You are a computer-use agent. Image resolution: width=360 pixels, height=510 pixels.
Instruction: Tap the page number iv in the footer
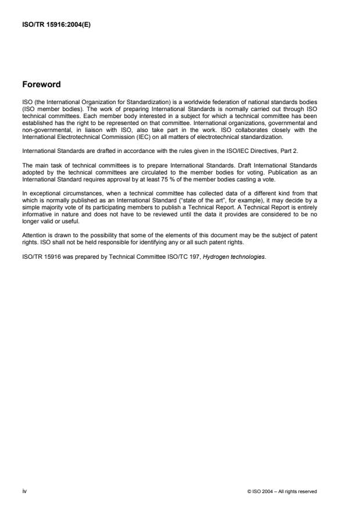click(x=24, y=491)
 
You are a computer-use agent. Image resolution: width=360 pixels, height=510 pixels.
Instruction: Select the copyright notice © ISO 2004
click(x=281, y=491)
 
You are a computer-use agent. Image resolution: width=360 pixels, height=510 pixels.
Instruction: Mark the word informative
click(x=38, y=204)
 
